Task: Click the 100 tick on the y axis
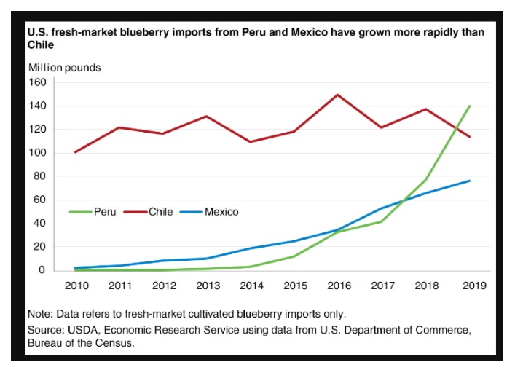36,153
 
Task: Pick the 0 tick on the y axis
42,270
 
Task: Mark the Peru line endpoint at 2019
470,106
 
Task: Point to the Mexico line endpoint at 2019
470,181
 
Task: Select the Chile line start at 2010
74,152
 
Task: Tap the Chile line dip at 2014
250,142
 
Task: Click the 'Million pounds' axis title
65,68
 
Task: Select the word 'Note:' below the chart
42,314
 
